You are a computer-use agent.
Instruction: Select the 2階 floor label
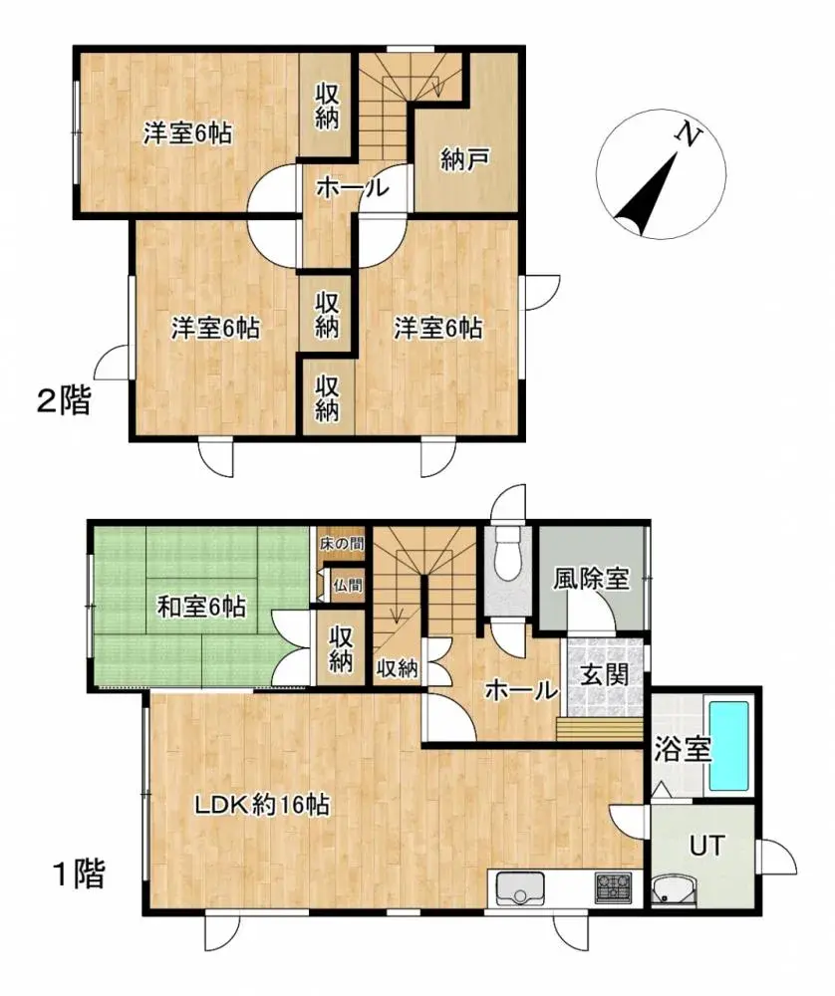[63, 401]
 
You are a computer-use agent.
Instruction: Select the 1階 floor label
[77, 875]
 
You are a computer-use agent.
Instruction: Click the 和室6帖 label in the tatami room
[201, 605]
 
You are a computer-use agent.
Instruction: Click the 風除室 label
[592, 578]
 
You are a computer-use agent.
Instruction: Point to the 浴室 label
[682, 749]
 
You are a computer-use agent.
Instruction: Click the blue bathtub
[727, 746]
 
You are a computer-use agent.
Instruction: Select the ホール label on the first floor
[520, 689]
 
